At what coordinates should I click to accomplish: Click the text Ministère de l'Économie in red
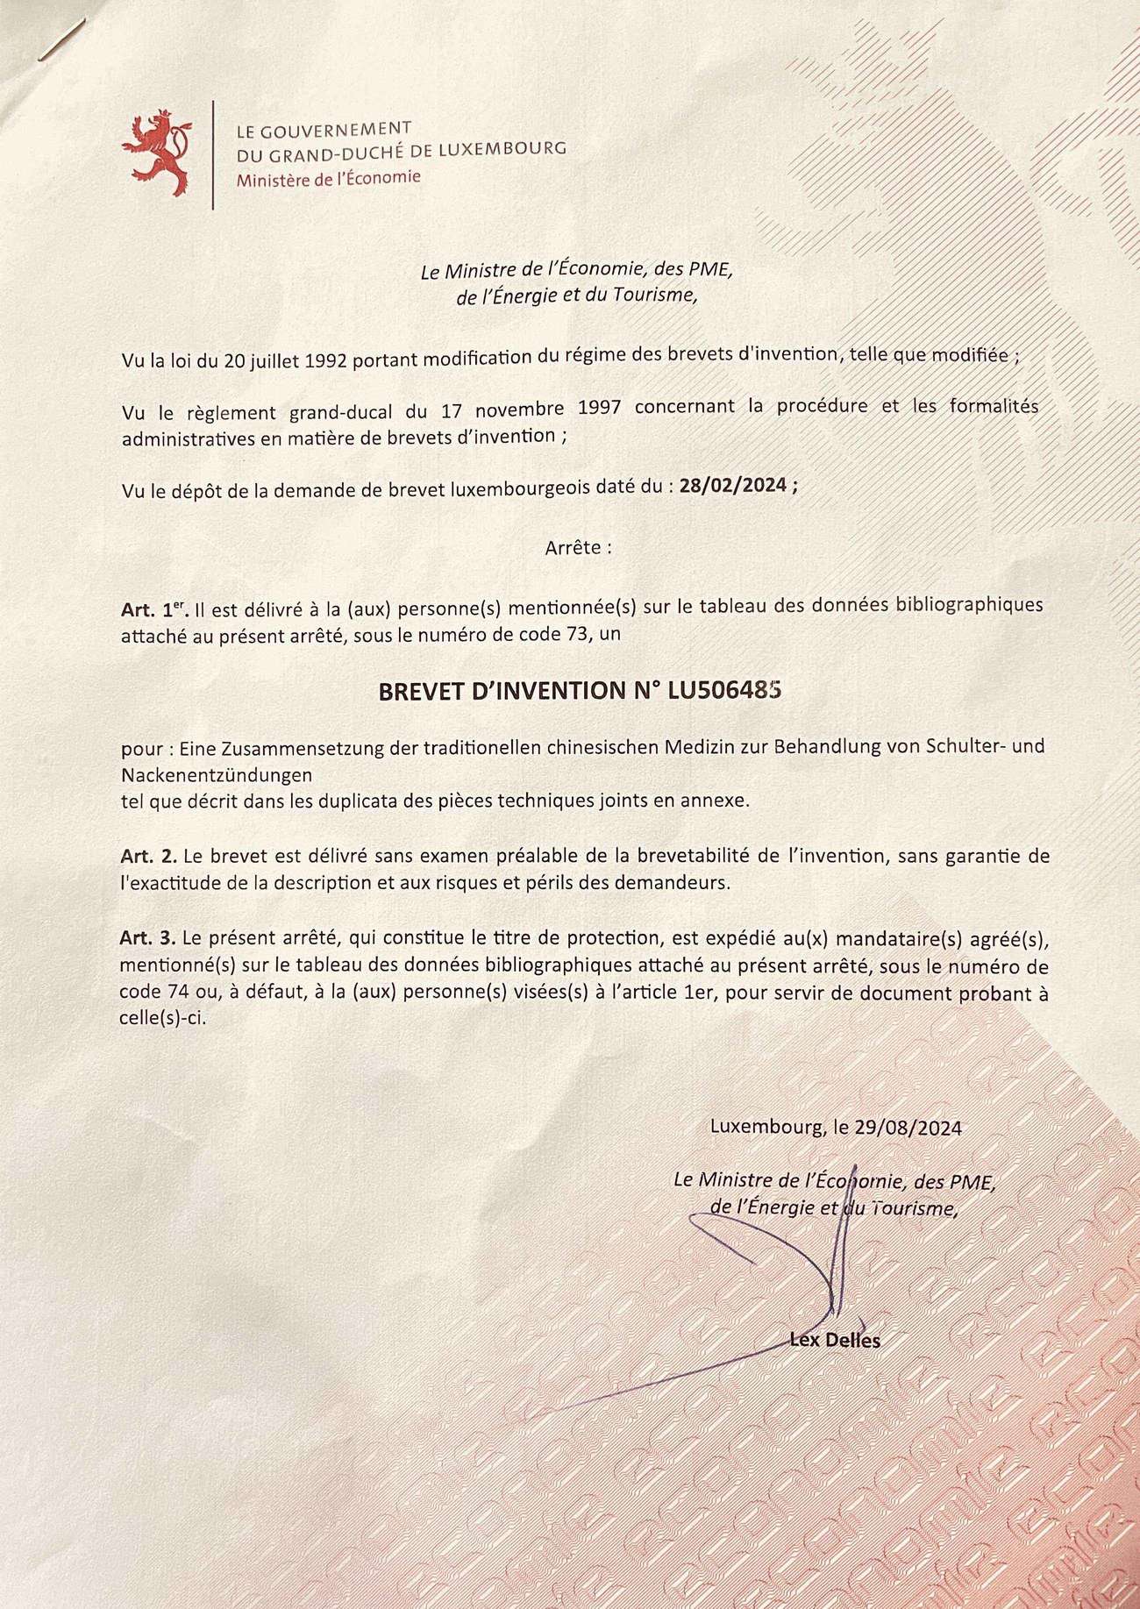(329, 178)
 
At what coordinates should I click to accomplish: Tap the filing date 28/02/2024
(734, 488)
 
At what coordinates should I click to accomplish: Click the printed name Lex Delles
(834, 1340)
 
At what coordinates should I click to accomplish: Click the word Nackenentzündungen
(217, 776)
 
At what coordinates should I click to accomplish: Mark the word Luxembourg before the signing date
(763, 1128)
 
